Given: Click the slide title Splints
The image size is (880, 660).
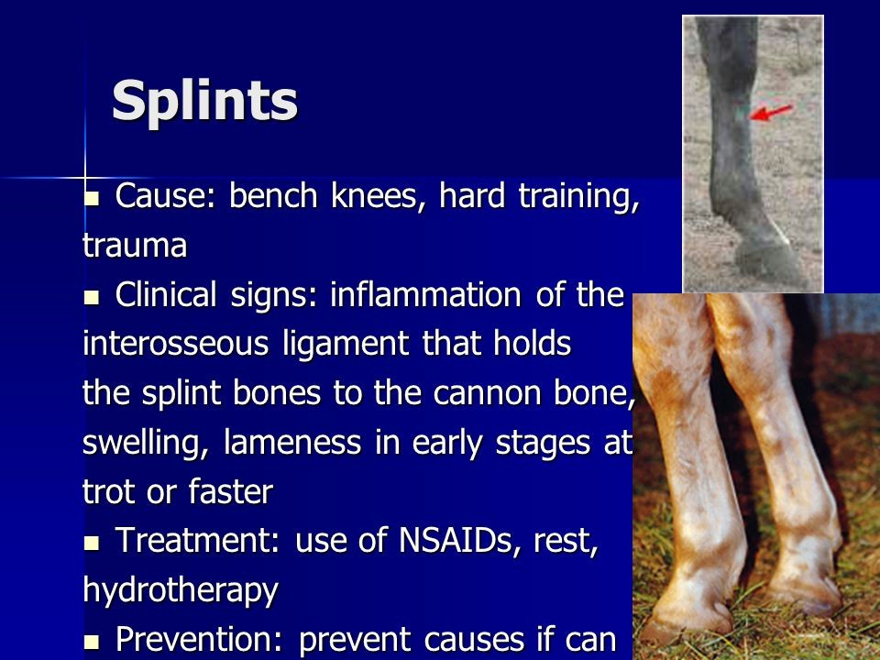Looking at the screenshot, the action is pyautogui.click(x=204, y=101).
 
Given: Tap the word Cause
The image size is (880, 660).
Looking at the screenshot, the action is pyautogui.click(x=159, y=196).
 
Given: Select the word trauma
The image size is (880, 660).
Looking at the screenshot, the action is pyautogui.click(x=135, y=246).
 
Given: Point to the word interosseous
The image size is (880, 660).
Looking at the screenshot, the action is pyautogui.click(x=176, y=343).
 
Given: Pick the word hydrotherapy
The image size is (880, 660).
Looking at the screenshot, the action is pyautogui.click(x=181, y=590).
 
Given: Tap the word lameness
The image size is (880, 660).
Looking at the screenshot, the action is pyautogui.click(x=291, y=442).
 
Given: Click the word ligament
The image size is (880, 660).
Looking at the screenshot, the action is pyautogui.click(x=346, y=344).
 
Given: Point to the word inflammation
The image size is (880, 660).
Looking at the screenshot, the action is pyautogui.click(x=425, y=294).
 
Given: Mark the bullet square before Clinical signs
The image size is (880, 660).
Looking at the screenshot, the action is pyautogui.click(x=91, y=296).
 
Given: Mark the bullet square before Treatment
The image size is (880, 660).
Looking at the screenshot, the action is pyautogui.click(x=91, y=542).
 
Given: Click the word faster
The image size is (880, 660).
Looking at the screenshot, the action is pyautogui.click(x=231, y=491).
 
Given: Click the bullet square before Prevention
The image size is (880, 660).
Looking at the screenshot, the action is pyautogui.click(x=91, y=641).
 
